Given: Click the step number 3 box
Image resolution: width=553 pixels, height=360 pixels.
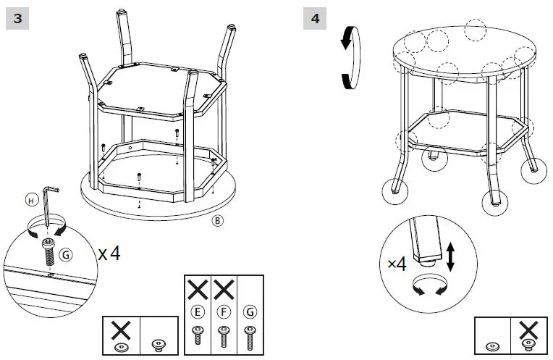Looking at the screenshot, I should click(x=17, y=19).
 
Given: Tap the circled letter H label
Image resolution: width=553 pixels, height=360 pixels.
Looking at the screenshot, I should click(x=30, y=198).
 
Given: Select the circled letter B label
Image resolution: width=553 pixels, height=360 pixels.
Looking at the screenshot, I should click(x=216, y=220).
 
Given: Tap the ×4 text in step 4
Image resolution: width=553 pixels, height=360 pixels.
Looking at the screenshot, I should click(x=397, y=264).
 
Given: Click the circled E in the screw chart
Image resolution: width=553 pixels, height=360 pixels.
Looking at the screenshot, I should click(x=198, y=314).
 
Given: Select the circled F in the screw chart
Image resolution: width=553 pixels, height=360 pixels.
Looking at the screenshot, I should click(x=224, y=314).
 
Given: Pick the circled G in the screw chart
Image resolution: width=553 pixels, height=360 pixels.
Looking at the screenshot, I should click(x=250, y=314).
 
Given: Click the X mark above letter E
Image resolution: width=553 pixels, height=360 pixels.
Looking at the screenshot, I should click(x=198, y=291).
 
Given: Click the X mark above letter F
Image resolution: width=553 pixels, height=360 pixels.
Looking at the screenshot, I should click(x=224, y=291).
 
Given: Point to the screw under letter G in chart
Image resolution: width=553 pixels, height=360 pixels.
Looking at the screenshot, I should click(x=250, y=338).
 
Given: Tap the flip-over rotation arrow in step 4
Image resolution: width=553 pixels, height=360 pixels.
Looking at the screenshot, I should click(x=349, y=57).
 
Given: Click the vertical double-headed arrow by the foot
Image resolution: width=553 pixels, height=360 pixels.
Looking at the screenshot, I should click(x=451, y=256).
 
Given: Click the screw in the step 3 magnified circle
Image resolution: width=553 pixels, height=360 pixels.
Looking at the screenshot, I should click(x=48, y=251).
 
